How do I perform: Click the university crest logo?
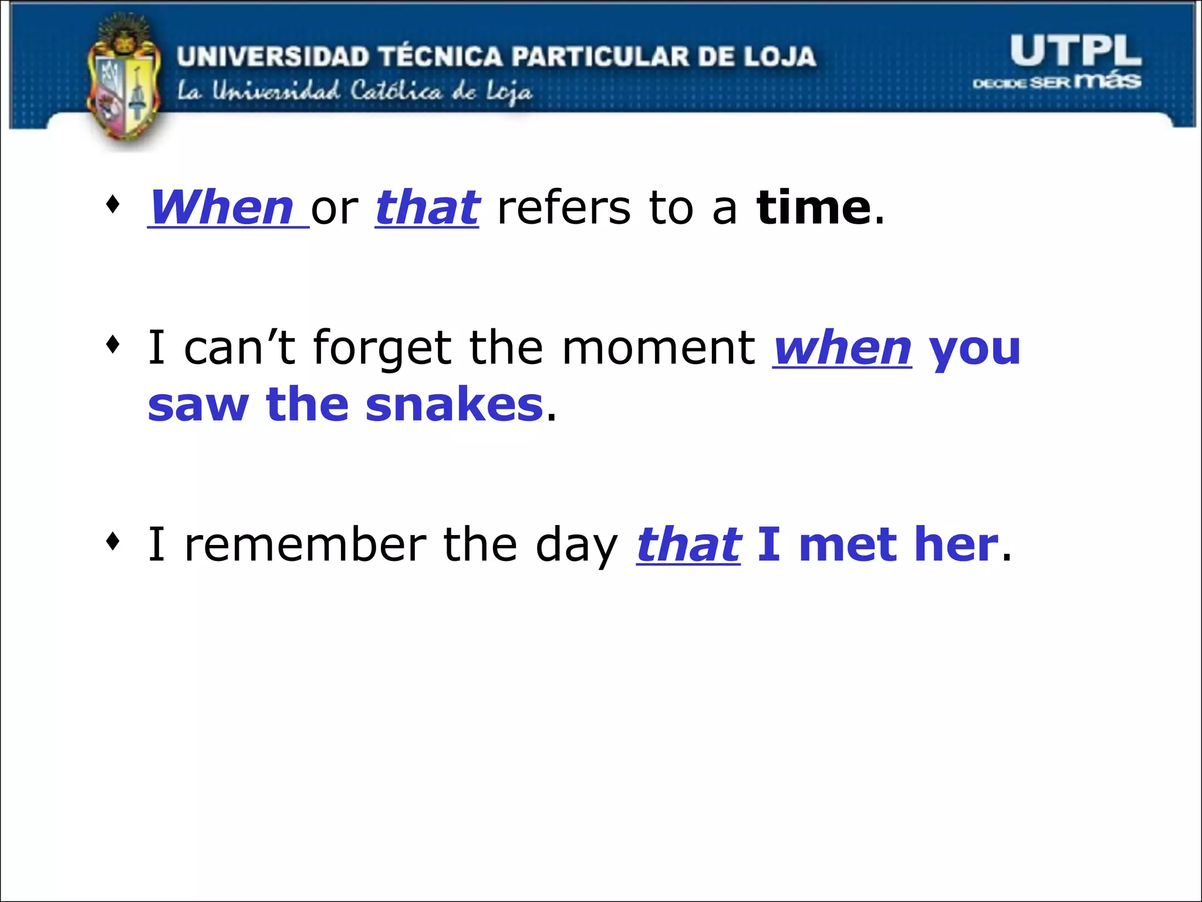[x=123, y=82]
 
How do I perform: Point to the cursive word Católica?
[x=396, y=92]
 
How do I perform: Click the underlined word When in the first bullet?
[x=222, y=208]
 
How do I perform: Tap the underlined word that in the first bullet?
[x=427, y=208]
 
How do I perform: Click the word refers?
[x=563, y=208]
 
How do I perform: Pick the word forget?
[x=382, y=348]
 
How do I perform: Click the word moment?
[x=659, y=348]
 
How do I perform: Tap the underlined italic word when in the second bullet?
[x=842, y=348]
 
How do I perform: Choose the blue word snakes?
[x=454, y=405]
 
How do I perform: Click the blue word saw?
[x=198, y=405]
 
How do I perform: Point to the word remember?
[x=305, y=544]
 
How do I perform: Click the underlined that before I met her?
[x=688, y=544]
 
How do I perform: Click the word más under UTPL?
[x=1108, y=80]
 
